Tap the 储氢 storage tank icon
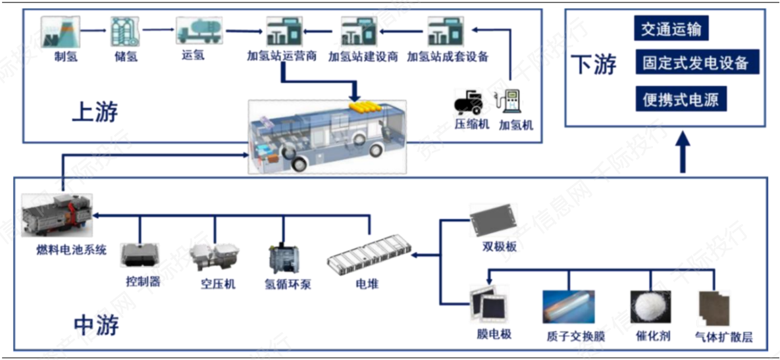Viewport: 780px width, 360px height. (x=125, y=30)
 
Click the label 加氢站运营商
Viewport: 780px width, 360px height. (x=282, y=56)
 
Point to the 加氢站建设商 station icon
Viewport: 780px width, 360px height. (x=358, y=30)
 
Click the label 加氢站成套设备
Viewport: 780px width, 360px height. (x=448, y=56)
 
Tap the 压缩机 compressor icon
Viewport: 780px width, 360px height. (x=469, y=103)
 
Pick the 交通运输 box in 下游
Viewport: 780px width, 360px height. (x=671, y=30)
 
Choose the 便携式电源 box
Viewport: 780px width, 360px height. (x=681, y=100)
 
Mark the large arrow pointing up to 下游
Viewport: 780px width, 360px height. (x=684, y=151)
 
